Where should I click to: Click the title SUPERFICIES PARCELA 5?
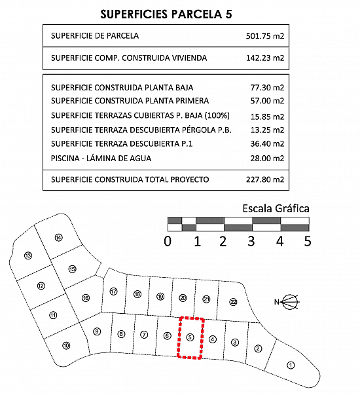pyautogui.click(x=166, y=14)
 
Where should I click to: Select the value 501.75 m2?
pyautogui.click(x=265, y=36)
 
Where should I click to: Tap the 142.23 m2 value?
pyautogui.click(x=265, y=58)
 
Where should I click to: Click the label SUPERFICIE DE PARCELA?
pyautogui.click(x=95, y=36)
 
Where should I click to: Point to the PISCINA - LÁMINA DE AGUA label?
pyautogui.click(x=101, y=159)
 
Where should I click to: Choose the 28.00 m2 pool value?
pyautogui.click(x=267, y=159)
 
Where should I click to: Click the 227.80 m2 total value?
pyautogui.click(x=265, y=179)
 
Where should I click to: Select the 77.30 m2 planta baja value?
pyautogui.click(x=267, y=88)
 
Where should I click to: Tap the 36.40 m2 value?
pyautogui.click(x=267, y=144)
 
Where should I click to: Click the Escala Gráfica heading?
pyautogui.click(x=276, y=208)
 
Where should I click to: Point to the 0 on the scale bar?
pyautogui.click(x=168, y=241)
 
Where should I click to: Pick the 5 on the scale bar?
pyautogui.click(x=308, y=241)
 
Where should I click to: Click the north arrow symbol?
pyautogui.click(x=287, y=301)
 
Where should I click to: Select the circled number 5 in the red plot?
pyautogui.click(x=190, y=337)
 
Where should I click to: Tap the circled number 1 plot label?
pyautogui.click(x=291, y=366)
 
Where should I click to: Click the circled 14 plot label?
pyautogui.click(x=58, y=238)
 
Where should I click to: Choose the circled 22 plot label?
pyautogui.click(x=234, y=302)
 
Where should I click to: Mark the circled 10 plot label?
pyautogui.click(x=66, y=346)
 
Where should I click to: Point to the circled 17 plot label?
pyautogui.click(x=113, y=292)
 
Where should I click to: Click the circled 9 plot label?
pyautogui.click(x=97, y=331)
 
